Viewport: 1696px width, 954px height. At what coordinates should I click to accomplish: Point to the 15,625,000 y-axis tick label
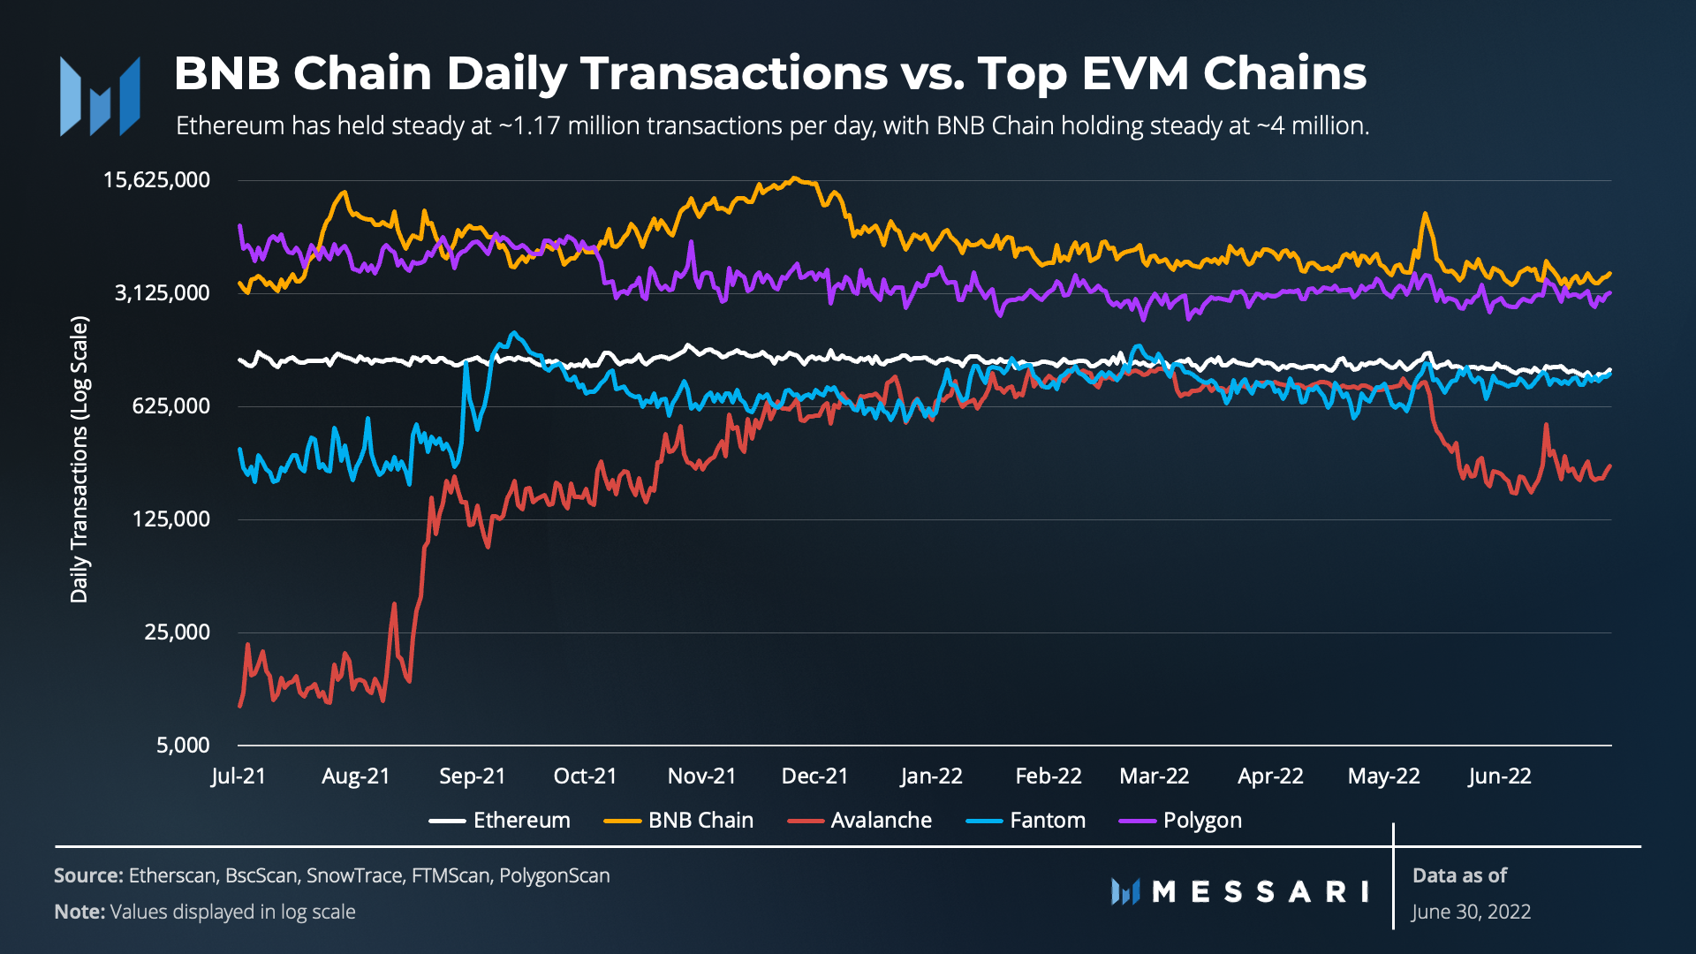point(156,180)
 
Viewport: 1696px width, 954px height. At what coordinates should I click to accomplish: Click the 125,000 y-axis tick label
point(171,519)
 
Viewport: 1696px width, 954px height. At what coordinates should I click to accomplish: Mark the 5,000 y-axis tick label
point(183,746)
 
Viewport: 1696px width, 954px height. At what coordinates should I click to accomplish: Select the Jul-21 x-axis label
point(238,776)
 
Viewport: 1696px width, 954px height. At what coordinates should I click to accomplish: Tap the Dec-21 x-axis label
point(814,776)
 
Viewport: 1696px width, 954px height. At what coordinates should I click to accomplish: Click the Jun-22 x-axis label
point(1499,776)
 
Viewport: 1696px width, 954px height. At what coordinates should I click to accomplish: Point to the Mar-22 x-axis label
point(1154,776)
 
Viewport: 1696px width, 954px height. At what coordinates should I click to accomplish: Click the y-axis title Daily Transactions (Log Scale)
point(79,459)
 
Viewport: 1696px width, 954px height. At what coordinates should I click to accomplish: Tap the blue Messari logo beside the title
point(100,96)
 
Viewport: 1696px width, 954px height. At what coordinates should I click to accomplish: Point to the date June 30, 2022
point(1471,912)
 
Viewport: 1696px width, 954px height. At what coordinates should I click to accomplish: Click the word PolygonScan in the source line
point(554,876)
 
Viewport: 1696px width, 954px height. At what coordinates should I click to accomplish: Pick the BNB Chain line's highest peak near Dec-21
point(795,178)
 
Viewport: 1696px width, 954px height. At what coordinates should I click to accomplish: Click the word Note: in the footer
point(79,912)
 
